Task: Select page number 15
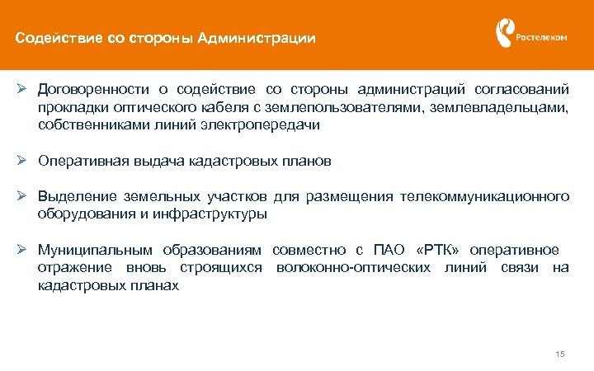[560, 355]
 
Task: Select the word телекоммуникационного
[484, 197]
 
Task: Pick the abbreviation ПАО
[390, 250]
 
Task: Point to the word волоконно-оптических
[354, 268]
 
